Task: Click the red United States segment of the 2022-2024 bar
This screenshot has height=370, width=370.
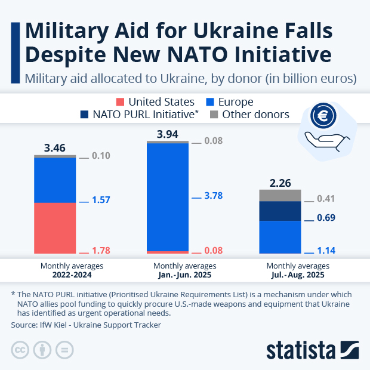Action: pyautogui.click(x=55, y=229)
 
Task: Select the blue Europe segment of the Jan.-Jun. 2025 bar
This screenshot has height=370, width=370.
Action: pyautogui.click(x=168, y=198)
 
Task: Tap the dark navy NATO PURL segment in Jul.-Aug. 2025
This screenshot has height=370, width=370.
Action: pyautogui.click(x=280, y=211)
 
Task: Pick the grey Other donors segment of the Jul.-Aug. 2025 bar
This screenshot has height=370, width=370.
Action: pyautogui.click(x=280, y=195)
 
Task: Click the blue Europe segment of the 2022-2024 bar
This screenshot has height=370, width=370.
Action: pyautogui.click(x=55, y=180)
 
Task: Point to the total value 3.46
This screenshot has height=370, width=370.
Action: pyautogui.click(x=55, y=146)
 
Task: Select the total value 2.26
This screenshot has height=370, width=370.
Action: pyautogui.click(x=280, y=182)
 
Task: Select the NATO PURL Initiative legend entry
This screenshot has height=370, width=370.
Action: pyautogui.click(x=140, y=115)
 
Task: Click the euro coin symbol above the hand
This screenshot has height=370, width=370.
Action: pyautogui.click(x=323, y=116)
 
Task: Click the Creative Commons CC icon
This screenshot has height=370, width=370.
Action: pyautogui.click(x=20, y=350)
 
